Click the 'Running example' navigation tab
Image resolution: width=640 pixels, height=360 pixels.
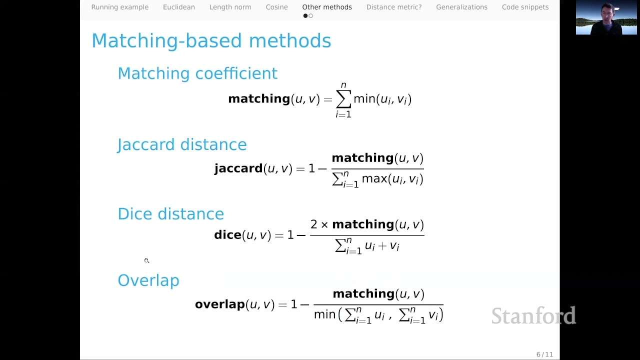point(119,7)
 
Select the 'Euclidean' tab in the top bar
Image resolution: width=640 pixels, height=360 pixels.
point(178,7)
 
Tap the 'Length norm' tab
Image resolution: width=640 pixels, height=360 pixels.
point(230,7)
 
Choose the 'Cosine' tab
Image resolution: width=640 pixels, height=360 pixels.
point(276,7)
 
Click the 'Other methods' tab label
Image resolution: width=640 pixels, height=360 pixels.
point(326,7)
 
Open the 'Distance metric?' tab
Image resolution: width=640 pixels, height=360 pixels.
point(393,7)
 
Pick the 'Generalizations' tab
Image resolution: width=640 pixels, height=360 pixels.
point(461,7)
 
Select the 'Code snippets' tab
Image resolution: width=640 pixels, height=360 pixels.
point(525,7)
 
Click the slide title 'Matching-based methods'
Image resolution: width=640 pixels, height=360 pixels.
point(211,40)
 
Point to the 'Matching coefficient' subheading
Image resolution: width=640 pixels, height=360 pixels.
point(197,73)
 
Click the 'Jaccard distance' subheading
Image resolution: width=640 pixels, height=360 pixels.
point(182,144)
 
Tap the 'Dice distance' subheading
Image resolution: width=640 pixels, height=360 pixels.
point(170,214)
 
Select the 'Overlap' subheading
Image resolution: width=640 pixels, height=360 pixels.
point(148,280)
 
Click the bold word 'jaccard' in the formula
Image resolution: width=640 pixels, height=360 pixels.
point(238,168)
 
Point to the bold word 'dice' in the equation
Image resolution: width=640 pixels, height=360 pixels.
point(227,235)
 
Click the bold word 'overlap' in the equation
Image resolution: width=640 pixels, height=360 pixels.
point(219,304)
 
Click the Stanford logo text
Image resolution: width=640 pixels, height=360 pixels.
point(533,315)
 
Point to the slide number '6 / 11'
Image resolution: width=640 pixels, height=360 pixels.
point(544,354)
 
